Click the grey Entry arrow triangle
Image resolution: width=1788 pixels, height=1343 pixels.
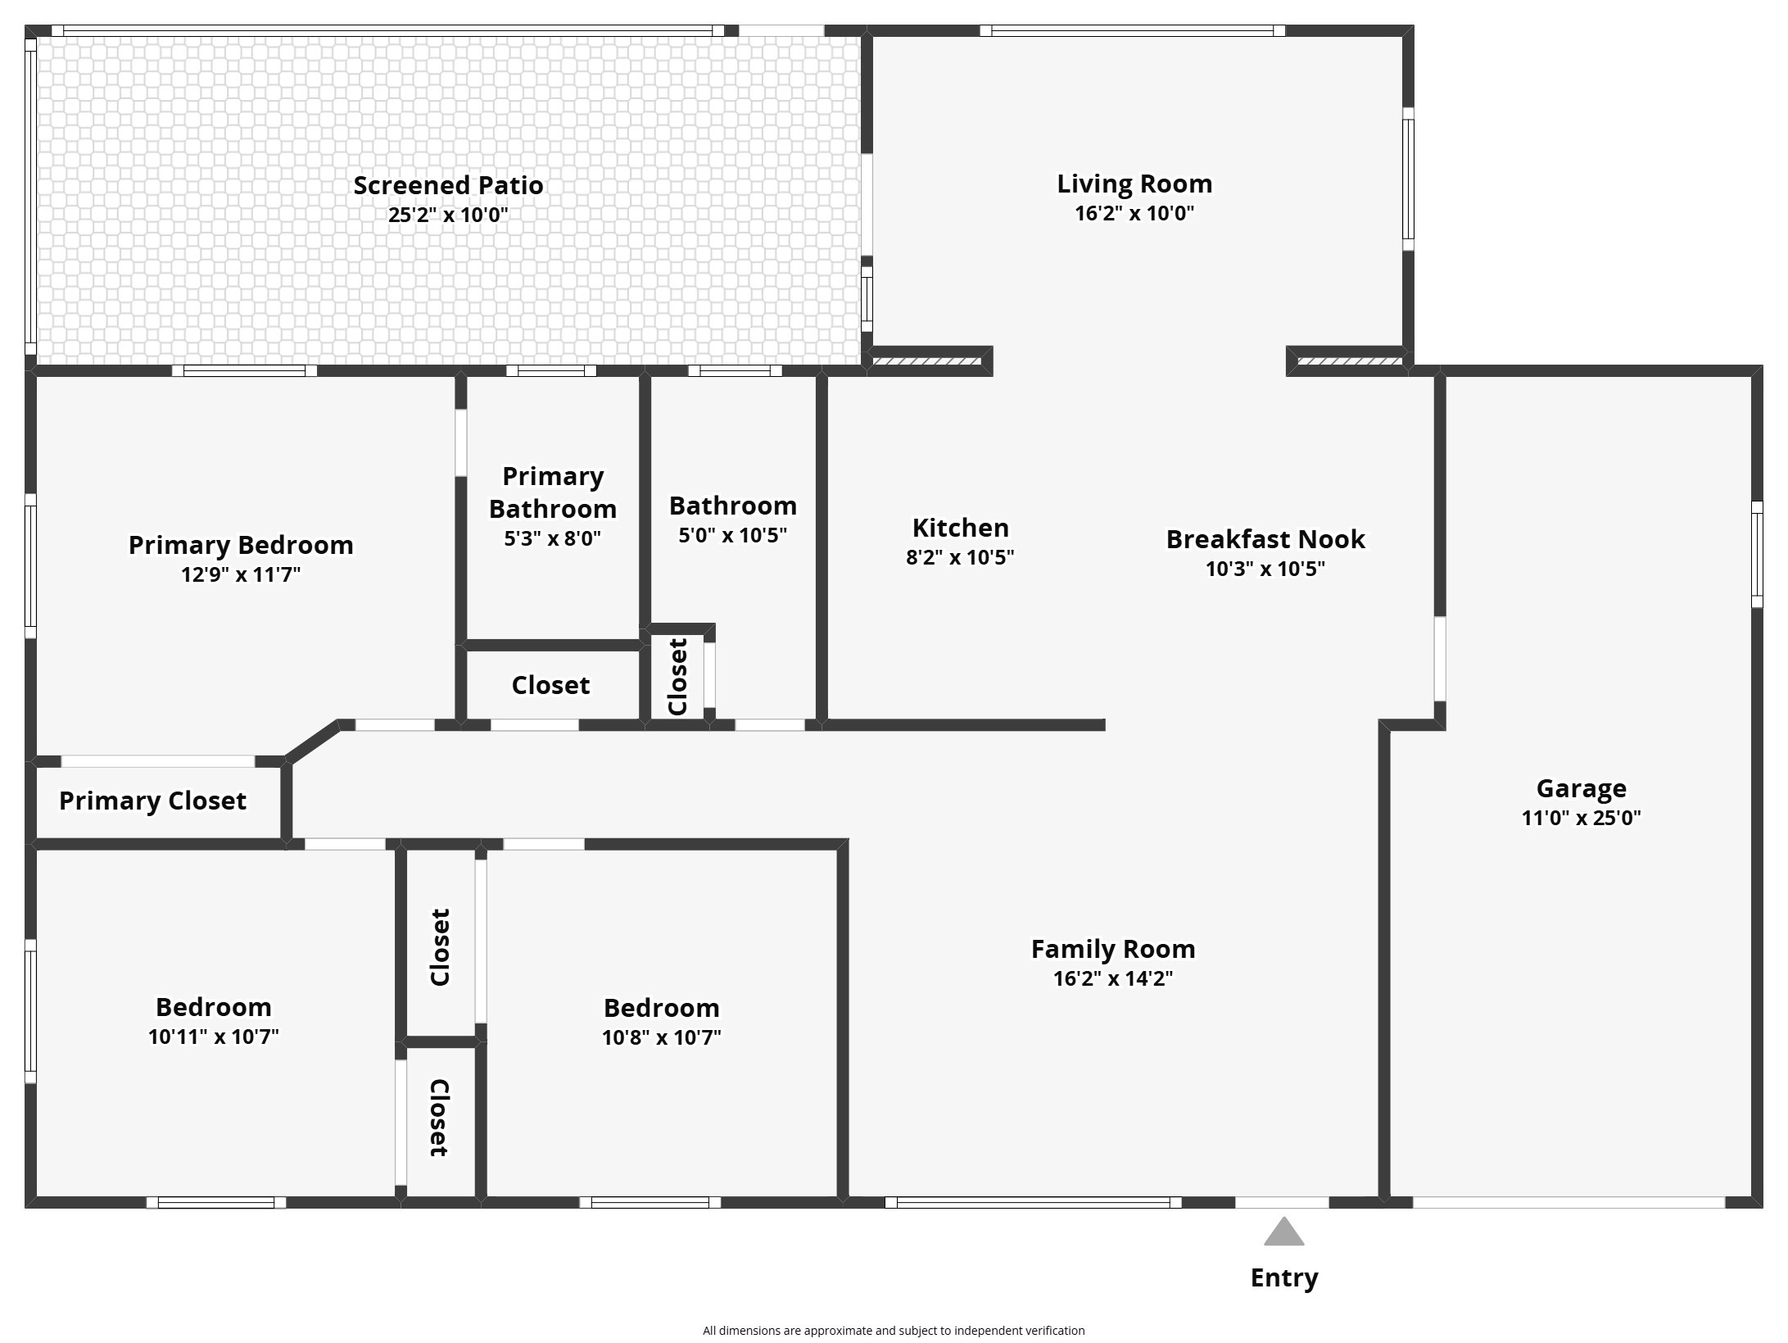coord(1283,1232)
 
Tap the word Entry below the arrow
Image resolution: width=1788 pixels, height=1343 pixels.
coord(1283,1278)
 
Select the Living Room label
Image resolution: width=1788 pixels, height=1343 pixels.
coord(1134,184)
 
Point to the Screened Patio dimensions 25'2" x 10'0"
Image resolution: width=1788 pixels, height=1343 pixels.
coord(448,215)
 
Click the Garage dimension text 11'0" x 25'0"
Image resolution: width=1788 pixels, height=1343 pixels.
coord(1581,817)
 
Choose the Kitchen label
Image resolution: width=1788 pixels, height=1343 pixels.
coord(961,527)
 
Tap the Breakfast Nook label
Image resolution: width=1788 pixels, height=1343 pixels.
coord(1265,539)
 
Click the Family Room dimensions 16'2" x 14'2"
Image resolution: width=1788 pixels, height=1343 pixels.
coord(1113,978)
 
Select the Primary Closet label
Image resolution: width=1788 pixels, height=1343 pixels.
coord(152,801)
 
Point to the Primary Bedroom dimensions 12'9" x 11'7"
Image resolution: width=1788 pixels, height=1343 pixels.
coord(241,574)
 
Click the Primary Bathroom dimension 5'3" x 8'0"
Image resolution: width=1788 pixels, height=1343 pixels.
coord(553,538)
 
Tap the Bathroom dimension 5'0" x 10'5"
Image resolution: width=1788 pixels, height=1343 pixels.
coord(733,535)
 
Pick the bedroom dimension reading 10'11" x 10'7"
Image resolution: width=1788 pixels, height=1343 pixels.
coord(214,1037)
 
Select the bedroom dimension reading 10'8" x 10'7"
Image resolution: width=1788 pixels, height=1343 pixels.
coord(662,1037)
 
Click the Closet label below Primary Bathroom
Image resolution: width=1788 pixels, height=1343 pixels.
coord(550,685)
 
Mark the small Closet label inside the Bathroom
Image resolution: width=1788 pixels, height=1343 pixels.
coord(677,677)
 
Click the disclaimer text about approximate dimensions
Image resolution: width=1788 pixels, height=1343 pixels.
coord(894,1331)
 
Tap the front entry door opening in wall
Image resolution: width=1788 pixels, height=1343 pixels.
coord(1282,1202)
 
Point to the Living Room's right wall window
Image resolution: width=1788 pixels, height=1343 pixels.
coord(1408,179)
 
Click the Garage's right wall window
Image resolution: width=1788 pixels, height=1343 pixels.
coord(1757,554)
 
